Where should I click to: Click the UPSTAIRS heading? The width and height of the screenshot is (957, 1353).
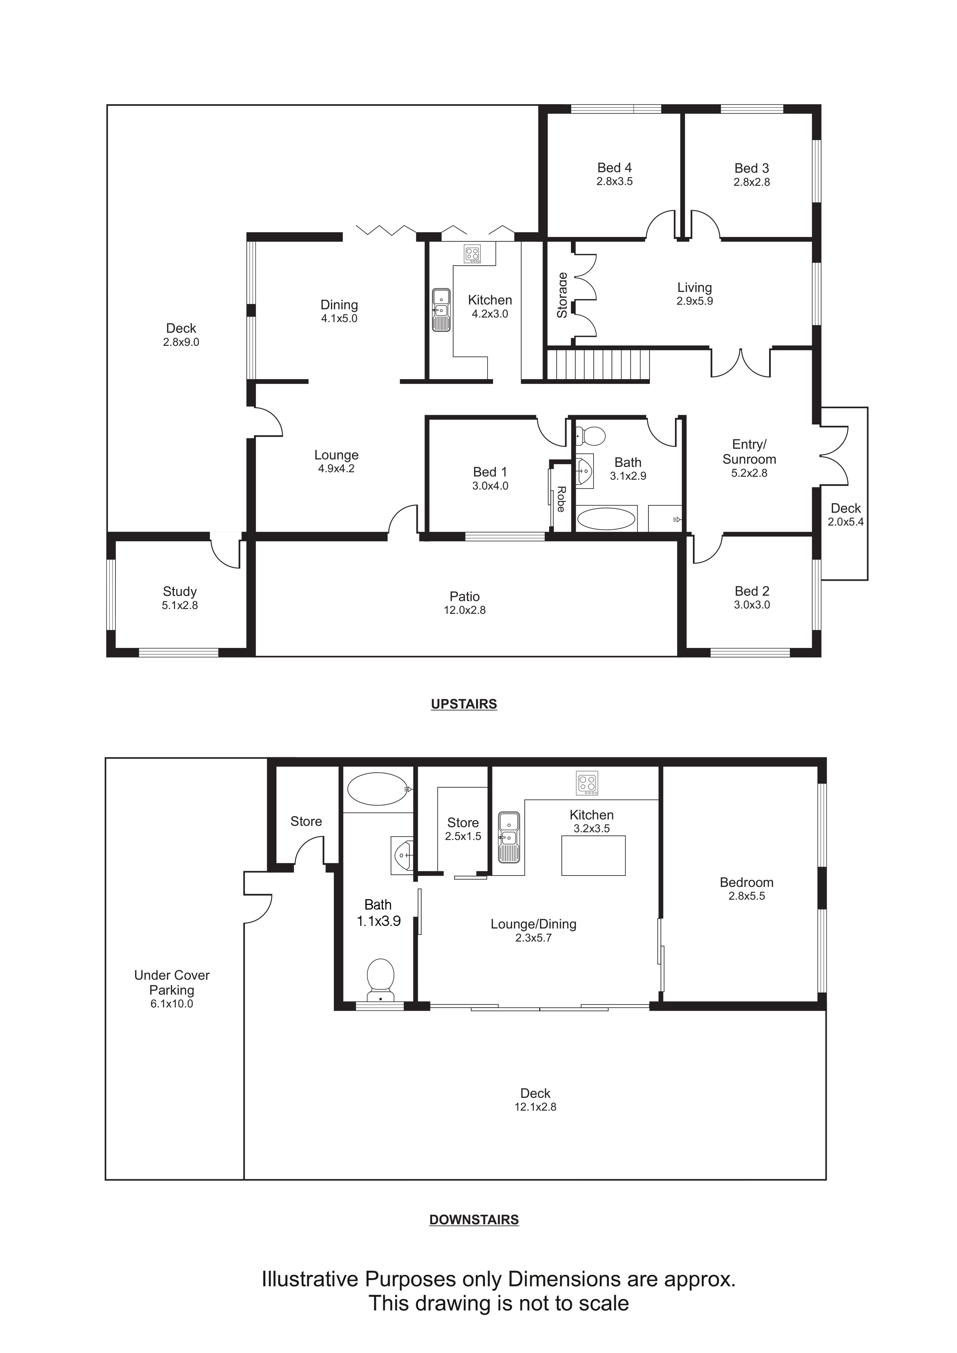point(464,704)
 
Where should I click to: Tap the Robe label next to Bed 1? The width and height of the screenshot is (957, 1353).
point(561,499)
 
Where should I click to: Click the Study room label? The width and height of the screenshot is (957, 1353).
point(180,592)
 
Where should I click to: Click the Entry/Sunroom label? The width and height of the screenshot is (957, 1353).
point(749,452)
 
